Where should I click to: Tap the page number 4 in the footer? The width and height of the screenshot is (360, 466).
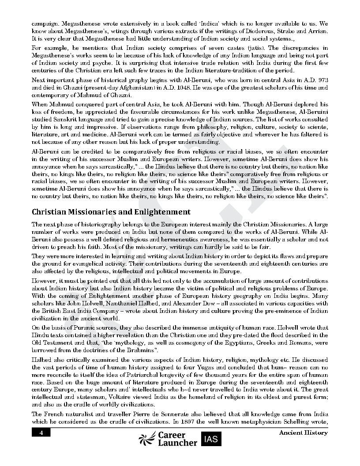[41, 433]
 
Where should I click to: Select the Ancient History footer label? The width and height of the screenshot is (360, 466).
[303, 433]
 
